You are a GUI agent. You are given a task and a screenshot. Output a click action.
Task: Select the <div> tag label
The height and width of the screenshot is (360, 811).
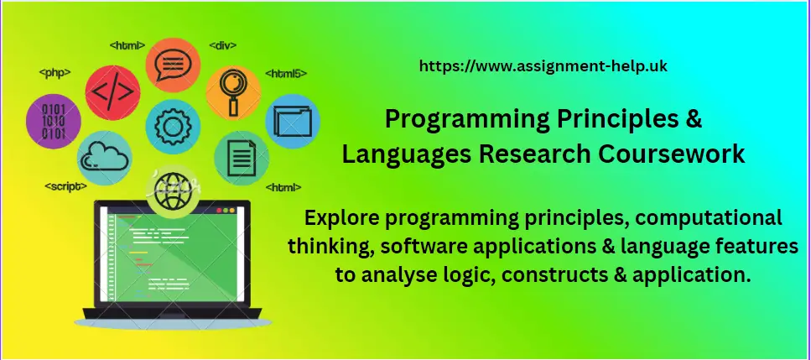coord(222,43)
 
